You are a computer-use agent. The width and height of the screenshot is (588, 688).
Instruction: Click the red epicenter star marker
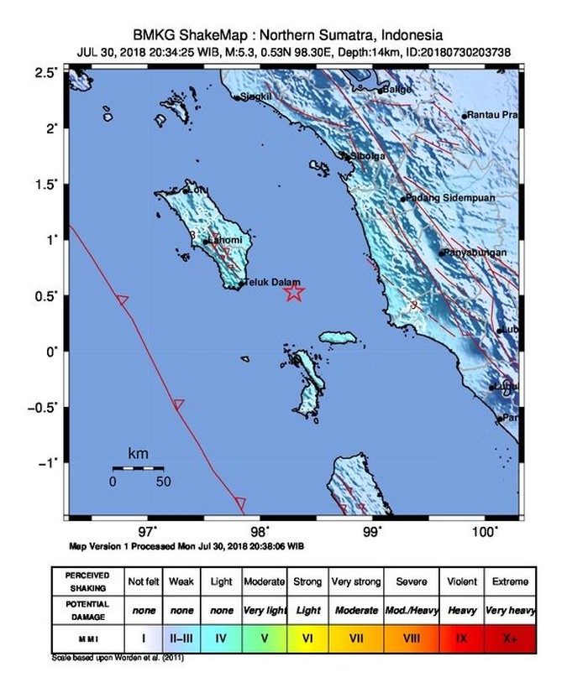(x=293, y=292)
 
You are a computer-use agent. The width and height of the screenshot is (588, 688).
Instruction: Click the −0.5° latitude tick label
(x=45, y=407)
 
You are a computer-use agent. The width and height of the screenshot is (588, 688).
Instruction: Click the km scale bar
(x=138, y=467)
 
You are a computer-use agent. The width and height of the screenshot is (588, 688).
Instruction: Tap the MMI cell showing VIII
(x=411, y=638)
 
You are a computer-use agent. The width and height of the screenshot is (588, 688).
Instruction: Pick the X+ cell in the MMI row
(x=510, y=638)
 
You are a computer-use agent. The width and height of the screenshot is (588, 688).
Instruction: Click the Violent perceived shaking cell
(x=460, y=581)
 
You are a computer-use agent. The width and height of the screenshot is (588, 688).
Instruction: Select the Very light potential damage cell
(x=265, y=610)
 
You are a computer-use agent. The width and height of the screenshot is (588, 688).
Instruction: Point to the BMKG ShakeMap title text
(x=288, y=35)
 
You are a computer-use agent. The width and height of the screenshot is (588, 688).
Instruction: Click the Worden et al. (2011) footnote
(x=117, y=657)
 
